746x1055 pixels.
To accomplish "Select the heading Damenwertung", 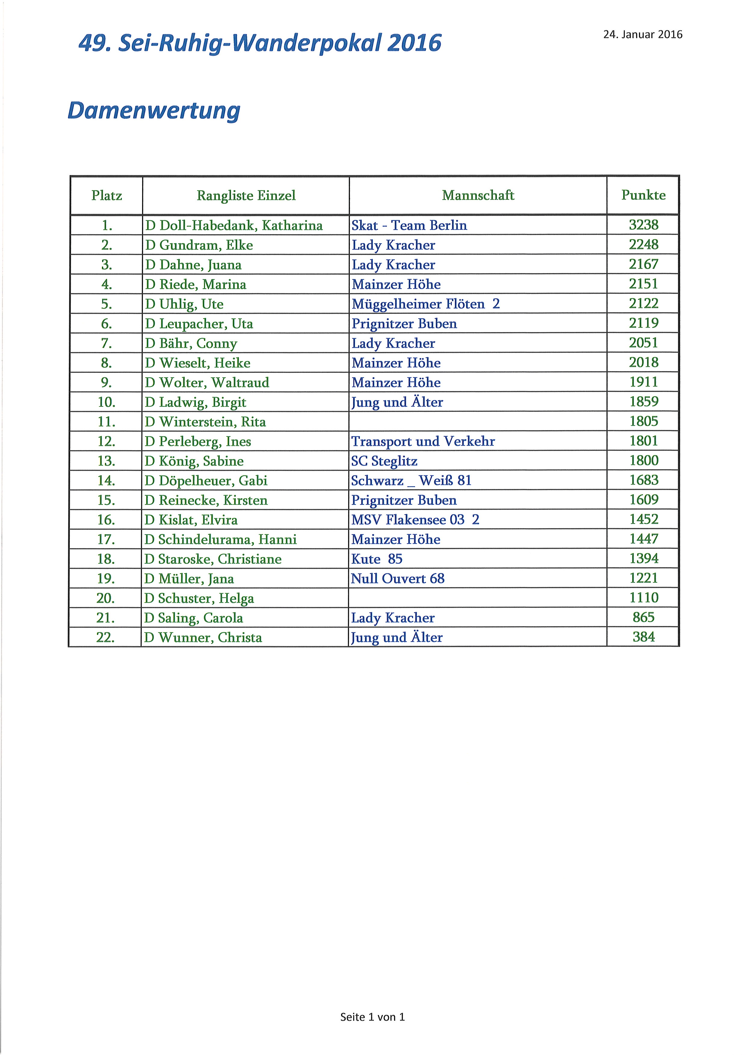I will coord(154,111).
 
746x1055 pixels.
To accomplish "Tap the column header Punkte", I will coord(643,195).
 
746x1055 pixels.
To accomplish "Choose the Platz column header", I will coord(106,196).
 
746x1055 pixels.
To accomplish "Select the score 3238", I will coord(643,225).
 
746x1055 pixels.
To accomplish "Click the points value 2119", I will coord(643,323).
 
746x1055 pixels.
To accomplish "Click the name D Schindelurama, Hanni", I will coord(220,539).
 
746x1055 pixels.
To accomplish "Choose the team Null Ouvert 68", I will coord(398,578).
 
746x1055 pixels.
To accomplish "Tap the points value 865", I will coord(643,617).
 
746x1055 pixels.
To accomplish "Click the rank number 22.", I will coord(106,637).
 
